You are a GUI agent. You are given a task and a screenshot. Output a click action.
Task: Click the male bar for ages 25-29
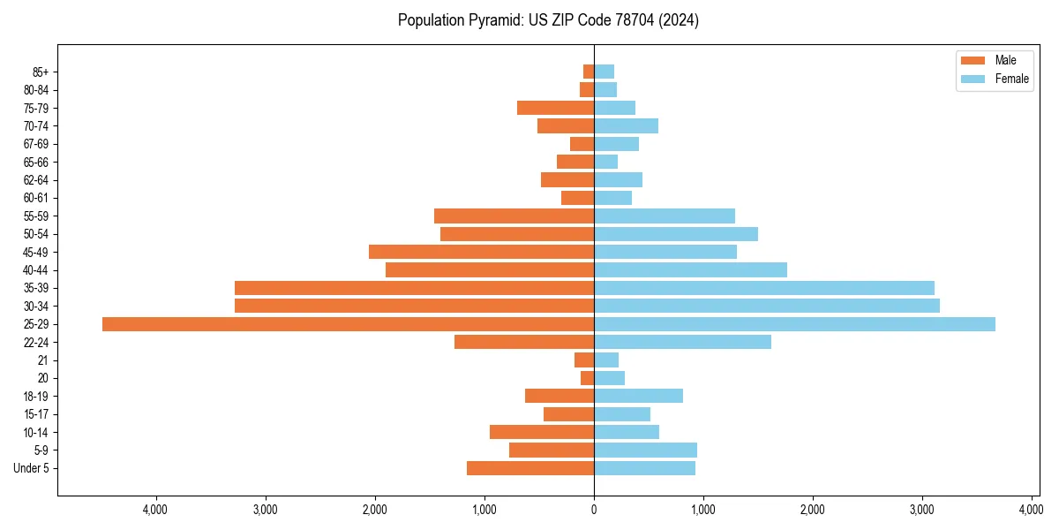tap(348, 324)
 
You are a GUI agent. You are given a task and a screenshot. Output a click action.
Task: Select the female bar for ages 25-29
tap(794, 324)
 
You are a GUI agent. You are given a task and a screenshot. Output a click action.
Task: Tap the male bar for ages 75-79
tap(555, 108)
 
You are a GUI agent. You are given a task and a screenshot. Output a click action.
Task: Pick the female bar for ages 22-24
tap(682, 342)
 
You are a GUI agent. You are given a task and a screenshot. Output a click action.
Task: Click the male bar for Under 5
tap(529, 468)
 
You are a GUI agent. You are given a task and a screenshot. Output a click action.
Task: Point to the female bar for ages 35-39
tap(763, 288)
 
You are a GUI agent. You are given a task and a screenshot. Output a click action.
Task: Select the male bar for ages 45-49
tap(481, 252)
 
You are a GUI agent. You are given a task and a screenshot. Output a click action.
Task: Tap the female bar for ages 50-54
tap(675, 234)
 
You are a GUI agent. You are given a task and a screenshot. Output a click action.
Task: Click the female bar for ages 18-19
tap(638, 396)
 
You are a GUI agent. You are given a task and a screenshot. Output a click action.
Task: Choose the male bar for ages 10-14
tap(541, 432)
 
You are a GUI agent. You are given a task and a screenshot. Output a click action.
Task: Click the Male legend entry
tap(995, 60)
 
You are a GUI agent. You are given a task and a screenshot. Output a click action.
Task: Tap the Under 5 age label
tap(31, 468)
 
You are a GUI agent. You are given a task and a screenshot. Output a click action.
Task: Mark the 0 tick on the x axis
tap(594, 510)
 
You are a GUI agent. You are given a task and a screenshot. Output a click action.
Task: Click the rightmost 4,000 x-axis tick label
tap(1031, 510)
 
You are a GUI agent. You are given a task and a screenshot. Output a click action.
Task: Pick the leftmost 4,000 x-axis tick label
tap(155, 510)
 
